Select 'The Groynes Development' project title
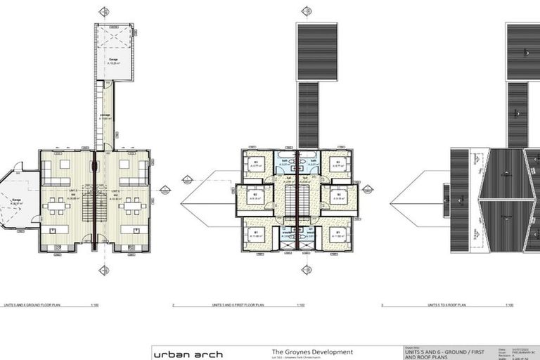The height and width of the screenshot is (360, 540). [x=312, y=352]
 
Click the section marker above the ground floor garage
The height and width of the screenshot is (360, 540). [x=104, y=11]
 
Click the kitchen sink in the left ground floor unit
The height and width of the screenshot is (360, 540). [x=51, y=229]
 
